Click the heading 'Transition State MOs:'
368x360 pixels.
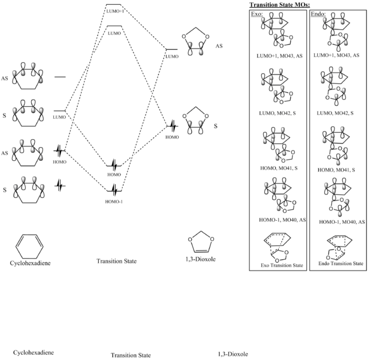[279, 5]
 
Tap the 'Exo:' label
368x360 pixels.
[257, 13]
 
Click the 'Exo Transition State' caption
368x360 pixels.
[279, 264]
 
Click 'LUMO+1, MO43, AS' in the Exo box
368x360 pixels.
[279, 55]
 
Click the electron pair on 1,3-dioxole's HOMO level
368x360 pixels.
[173, 126]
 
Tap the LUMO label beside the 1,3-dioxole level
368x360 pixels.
[172, 56]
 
